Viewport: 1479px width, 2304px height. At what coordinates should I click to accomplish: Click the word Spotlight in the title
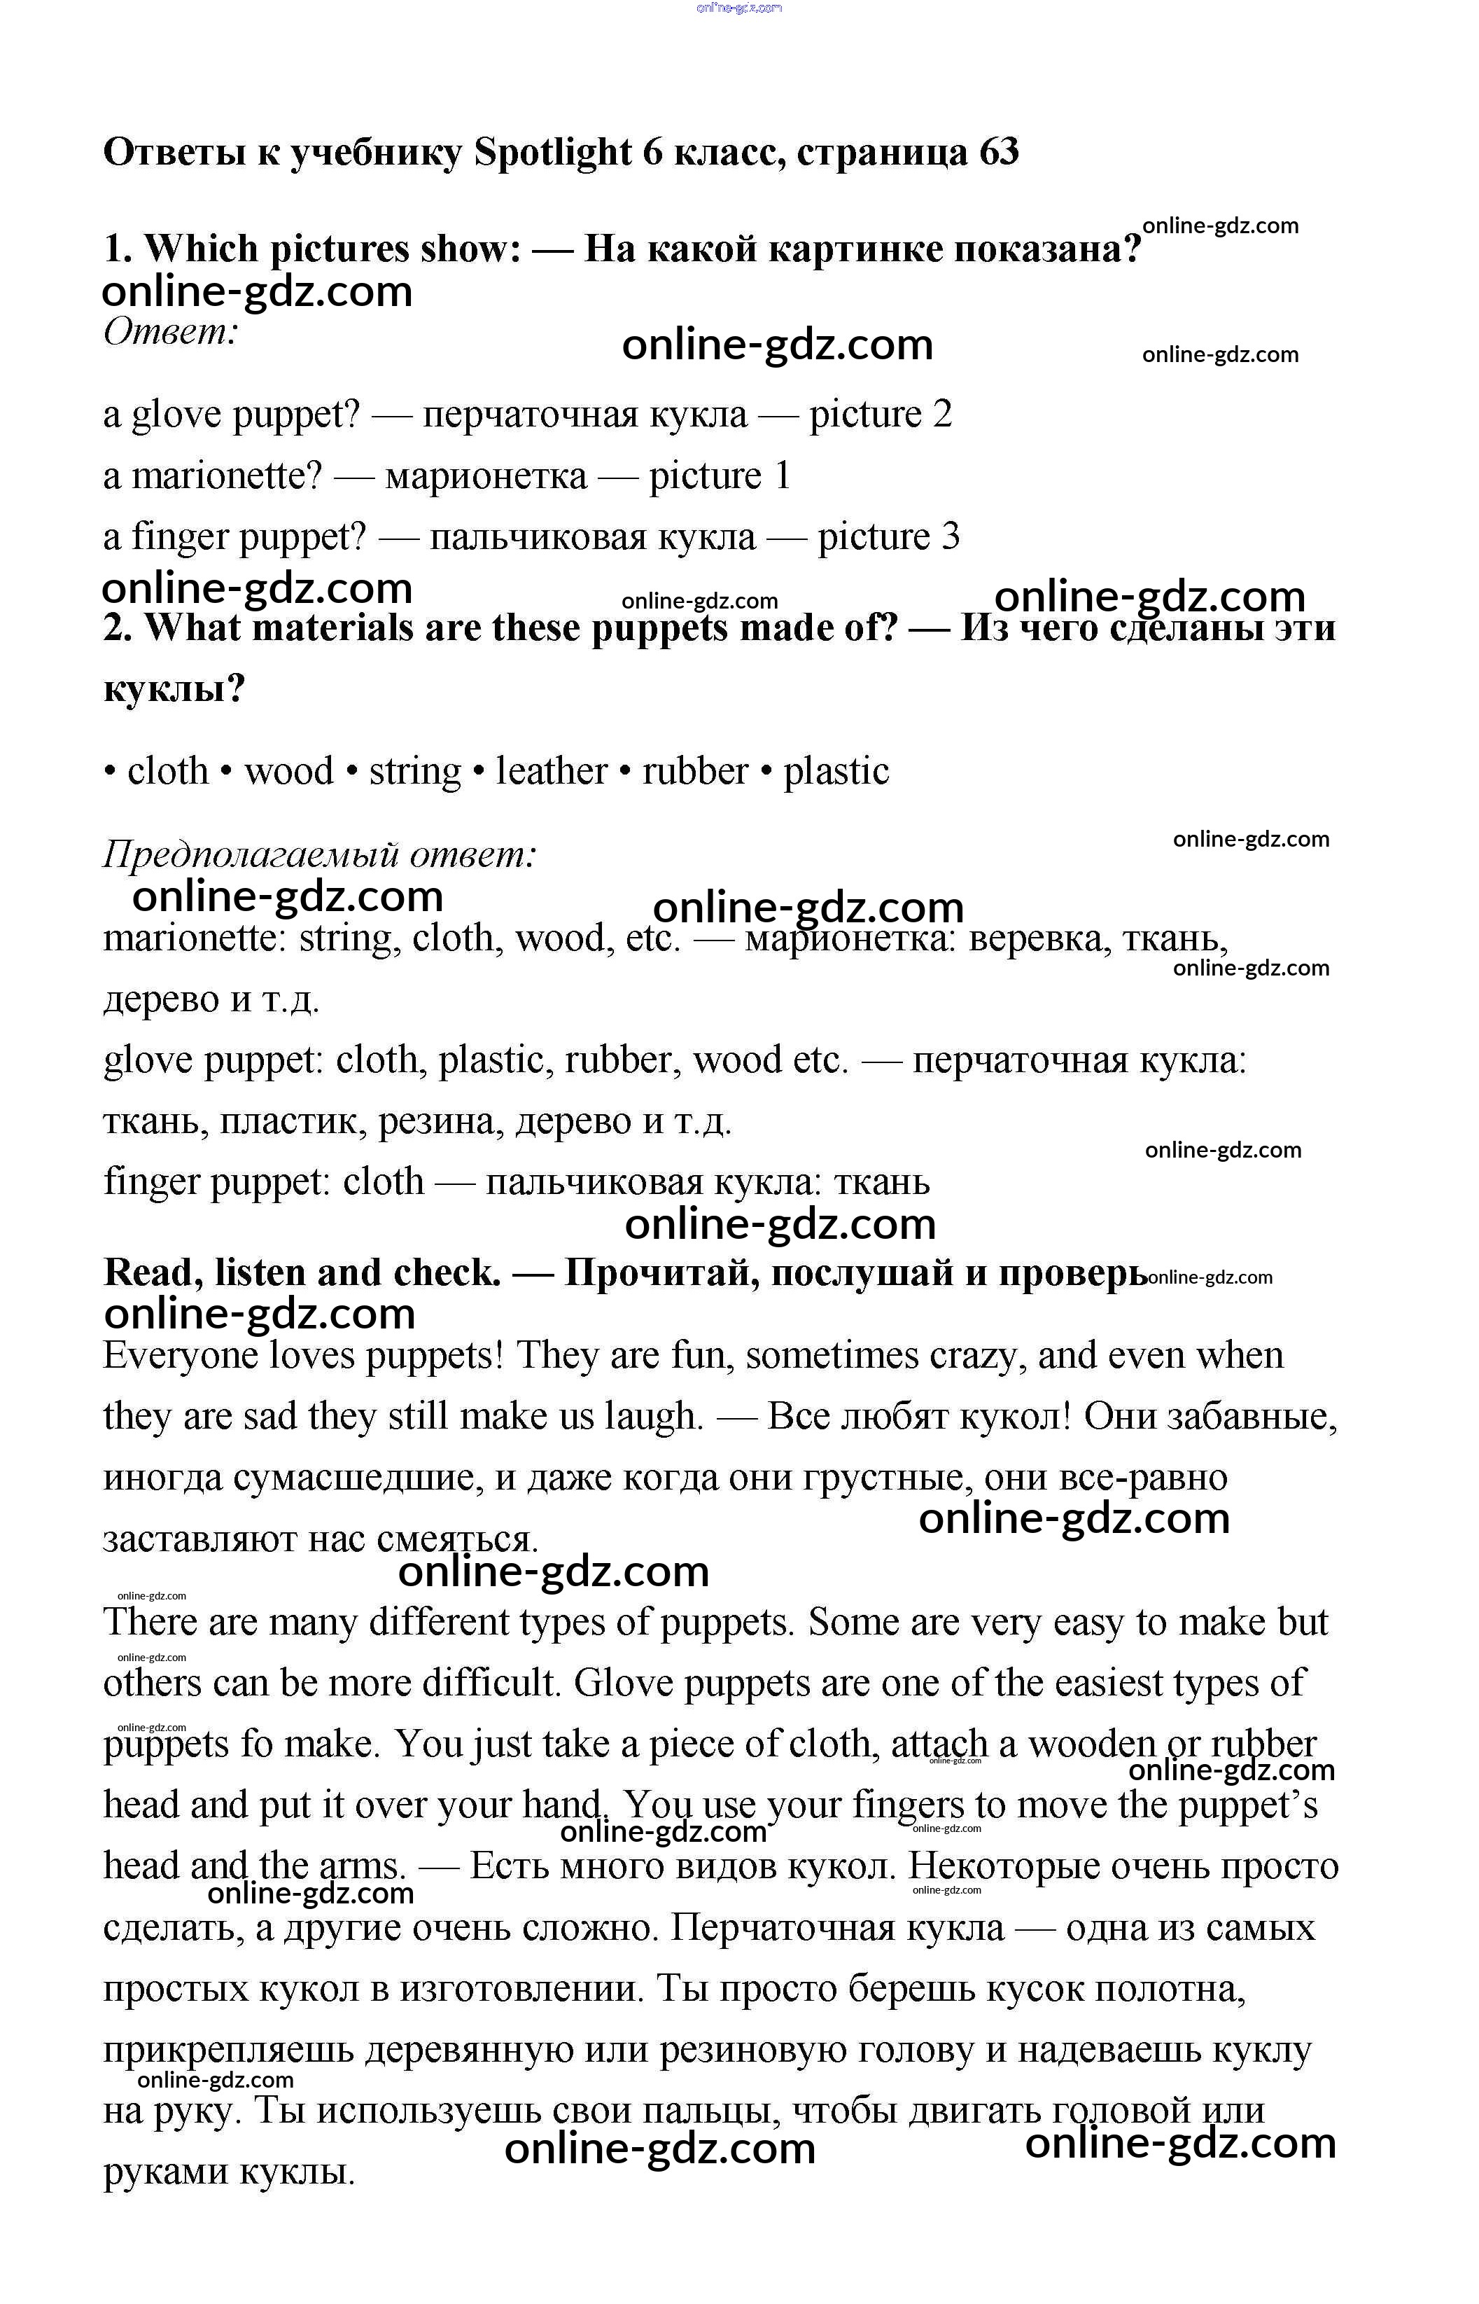click(x=552, y=153)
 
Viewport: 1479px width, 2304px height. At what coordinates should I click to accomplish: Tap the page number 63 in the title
click(x=999, y=153)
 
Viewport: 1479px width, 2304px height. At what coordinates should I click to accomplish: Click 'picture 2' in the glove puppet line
click(x=880, y=415)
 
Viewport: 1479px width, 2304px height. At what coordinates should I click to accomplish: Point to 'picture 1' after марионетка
click(x=720, y=477)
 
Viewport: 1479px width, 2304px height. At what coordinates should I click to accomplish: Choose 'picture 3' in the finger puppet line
click(x=888, y=537)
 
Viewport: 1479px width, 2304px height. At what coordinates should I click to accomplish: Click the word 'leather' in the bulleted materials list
click(x=552, y=772)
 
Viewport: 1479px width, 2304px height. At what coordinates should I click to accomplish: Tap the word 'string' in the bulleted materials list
click(x=415, y=772)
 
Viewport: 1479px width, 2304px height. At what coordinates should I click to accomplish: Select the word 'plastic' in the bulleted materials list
click(x=836, y=772)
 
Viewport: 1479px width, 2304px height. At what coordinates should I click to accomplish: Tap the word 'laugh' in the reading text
click(x=653, y=1417)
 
